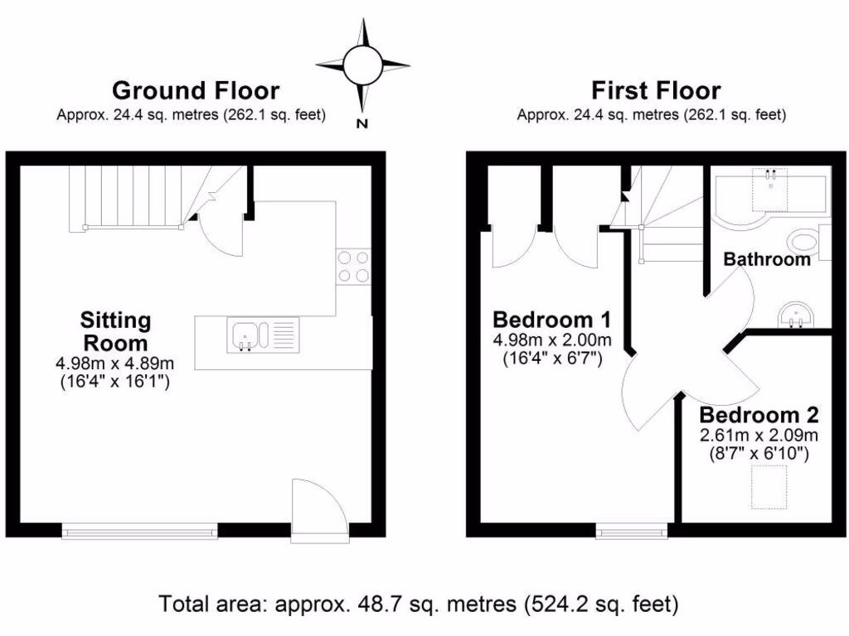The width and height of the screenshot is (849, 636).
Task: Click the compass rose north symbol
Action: coord(362,65)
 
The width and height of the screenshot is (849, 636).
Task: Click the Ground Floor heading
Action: coord(196,89)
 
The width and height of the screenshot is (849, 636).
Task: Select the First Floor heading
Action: coord(655,89)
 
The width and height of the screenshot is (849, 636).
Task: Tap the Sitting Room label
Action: coord(115,330)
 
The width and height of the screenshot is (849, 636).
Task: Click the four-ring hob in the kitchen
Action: coord(353,267)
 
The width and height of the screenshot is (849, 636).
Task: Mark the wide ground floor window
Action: coord(140,531)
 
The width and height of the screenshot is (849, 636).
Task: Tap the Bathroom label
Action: coord(767,259)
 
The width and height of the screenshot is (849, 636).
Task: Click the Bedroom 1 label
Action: coord(552,319)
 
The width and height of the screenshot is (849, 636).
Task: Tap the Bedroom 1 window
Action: coord(631,531)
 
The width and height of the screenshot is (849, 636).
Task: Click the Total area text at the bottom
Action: coord(419,603)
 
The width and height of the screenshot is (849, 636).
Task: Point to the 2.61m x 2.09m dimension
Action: coord(759,436)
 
